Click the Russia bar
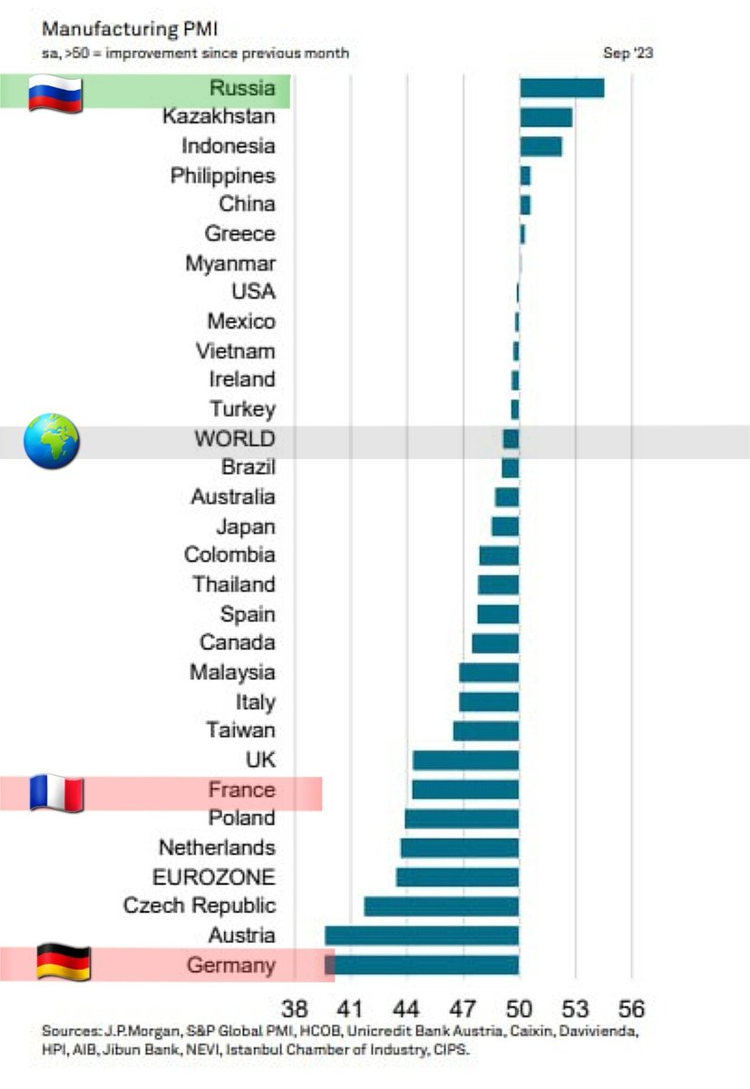[561, 88]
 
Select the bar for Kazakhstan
[546, 117]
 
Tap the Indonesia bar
[541, 146]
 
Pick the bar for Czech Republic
[442, 906]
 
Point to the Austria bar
[422, 936]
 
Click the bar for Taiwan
[486, 731]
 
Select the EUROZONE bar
[457, 877]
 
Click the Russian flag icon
[55, 93]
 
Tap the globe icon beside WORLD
[52, 441]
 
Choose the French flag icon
[56, 792]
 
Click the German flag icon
[63, 962]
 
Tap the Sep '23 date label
[628, 54]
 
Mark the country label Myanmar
[230, 263]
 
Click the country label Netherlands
[217, 848]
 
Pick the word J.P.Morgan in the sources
[127, 1032]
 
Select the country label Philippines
[223, 175]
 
